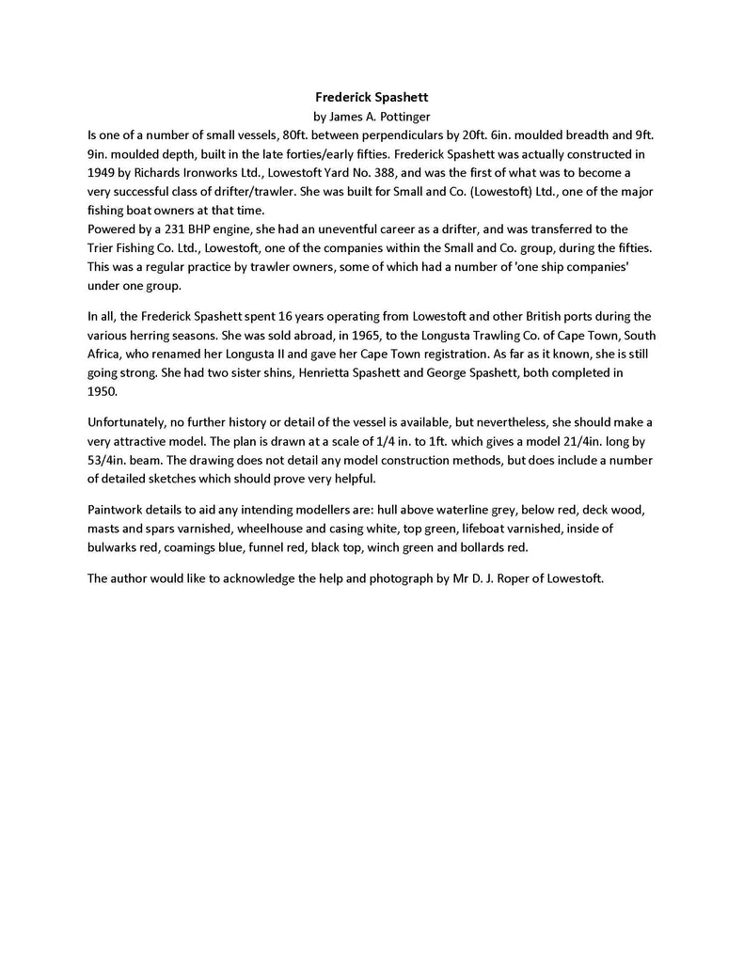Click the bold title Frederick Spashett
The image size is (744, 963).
pyautogui.click(x=372, y=96)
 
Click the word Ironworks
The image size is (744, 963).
pyautogui.click(x=209, y=172)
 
